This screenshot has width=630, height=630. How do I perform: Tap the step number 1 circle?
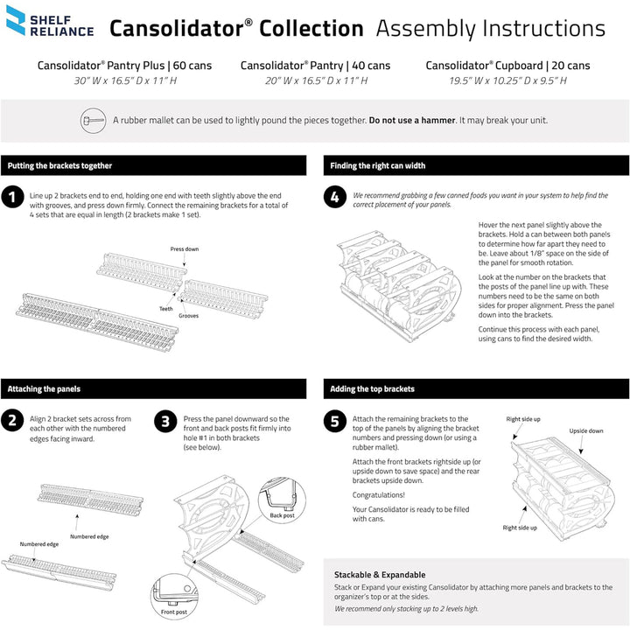(x=12, y=197)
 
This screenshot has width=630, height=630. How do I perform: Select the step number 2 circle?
(x=12, y=420)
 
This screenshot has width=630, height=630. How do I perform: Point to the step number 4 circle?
(x=335, y=197)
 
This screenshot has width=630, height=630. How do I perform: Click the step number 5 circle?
(x=335, y=420)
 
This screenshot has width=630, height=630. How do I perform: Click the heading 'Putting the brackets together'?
(x=59, y=165)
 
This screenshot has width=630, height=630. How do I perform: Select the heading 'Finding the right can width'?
(x=378, y=165)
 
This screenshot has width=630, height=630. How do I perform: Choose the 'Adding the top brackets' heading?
(x=372, y=388)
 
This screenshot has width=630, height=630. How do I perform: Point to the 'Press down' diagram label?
(x=184, y=249)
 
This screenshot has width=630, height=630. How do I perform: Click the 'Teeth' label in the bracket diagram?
(x=165, y=308)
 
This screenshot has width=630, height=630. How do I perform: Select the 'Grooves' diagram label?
(x=188, y=316)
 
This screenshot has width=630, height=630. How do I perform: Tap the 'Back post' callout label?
(x=282, y=515)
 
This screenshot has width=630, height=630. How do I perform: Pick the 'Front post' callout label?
(x=175, y=612)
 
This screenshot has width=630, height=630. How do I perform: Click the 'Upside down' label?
(x=586, y=431)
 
